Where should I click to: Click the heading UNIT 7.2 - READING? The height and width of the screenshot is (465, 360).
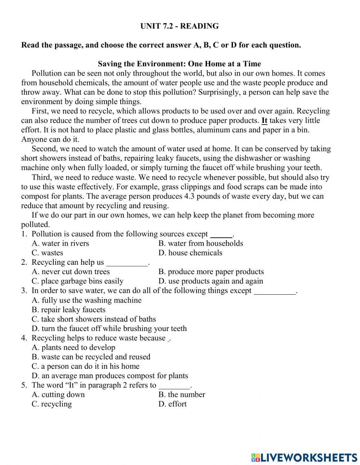click(x=179, y=26)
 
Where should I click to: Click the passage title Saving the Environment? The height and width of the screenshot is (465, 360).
click(x=179, y=64)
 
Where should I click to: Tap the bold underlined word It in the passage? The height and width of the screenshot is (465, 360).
click(x=264, y=121)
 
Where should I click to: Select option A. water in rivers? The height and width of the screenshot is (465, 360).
click(x=60, y=243)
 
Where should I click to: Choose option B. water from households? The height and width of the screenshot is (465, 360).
click(x=201, y=243)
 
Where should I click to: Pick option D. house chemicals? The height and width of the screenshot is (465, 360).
click(x=190, y=253)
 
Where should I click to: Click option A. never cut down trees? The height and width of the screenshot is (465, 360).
click(x=71, y=272)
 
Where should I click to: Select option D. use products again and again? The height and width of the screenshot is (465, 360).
click(x=211, y=281)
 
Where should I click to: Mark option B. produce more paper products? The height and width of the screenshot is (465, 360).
click(x=211, y=272)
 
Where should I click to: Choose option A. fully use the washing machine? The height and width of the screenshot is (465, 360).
click(x=86, y=300)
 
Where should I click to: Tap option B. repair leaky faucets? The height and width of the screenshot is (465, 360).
click(x=68, y=310)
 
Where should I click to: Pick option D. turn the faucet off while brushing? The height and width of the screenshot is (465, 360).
click(x=109, y=328)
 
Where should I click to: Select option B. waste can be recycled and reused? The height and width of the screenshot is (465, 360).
click(x=91, y=357)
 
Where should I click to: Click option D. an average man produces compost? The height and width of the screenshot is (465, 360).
click(x=110, y=376)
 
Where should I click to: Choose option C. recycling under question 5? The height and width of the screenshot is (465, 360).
click(x=51, y=404)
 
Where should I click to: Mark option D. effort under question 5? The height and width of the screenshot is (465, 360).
click(x=172, y=404)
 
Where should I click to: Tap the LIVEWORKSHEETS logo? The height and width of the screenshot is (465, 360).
click(x=304, y=457)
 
